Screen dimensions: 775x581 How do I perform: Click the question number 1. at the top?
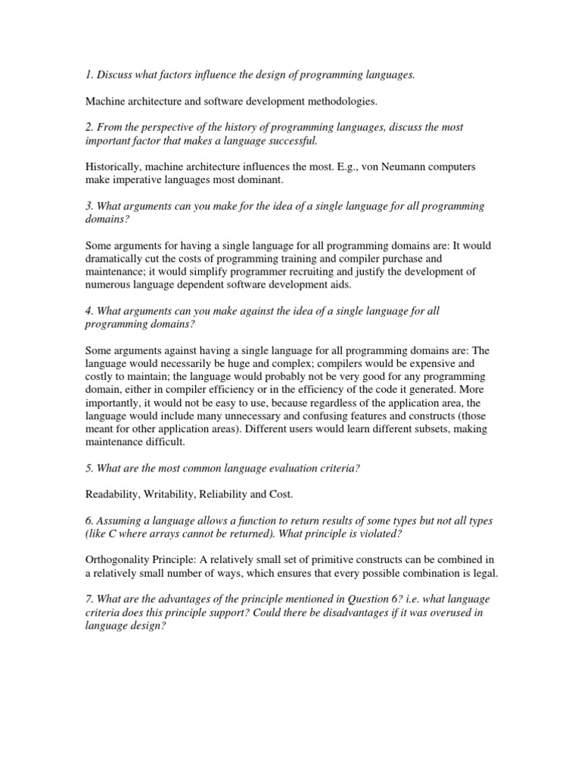(89, 76)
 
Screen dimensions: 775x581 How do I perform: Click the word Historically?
(111, 167)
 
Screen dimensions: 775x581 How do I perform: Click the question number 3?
(89, 206)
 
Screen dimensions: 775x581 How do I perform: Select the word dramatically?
(116, 259)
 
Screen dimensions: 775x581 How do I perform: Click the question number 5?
(89, 468)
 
